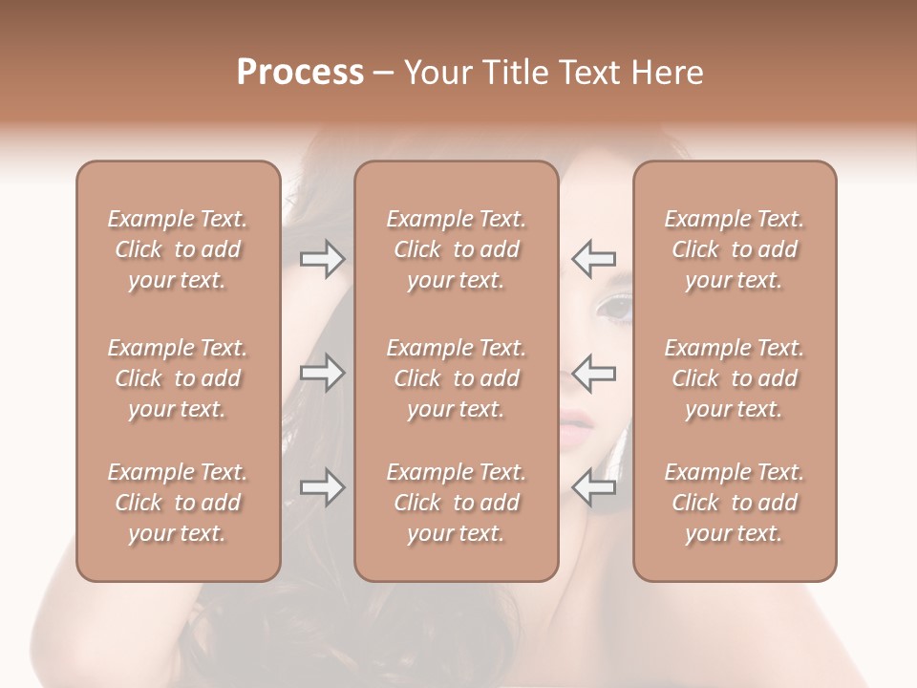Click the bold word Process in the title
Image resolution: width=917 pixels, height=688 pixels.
(300, 72)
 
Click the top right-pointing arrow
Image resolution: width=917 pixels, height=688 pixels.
(322, 258)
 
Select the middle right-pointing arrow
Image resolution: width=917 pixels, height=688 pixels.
(322, 372)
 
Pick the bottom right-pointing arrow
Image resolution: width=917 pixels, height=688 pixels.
(322, 487)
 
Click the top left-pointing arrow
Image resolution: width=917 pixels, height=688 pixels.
(593, 258)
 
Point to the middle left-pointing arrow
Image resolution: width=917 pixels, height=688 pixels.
(593, 372)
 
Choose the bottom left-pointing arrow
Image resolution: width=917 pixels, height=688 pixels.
(593, 487)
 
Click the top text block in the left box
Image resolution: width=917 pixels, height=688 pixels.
(178, 249)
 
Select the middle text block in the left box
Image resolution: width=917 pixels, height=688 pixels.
(178, 378)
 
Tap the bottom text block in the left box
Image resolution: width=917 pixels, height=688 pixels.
(178, 503)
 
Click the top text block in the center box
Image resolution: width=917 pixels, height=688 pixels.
(456, 249)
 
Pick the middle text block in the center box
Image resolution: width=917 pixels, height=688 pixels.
(456, 378)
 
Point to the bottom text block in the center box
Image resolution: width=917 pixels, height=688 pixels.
(456, 503)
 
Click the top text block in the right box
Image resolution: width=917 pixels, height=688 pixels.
(734, 249)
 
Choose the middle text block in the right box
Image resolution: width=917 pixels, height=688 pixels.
(734, 378)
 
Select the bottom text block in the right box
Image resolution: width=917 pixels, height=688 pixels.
(734, 503)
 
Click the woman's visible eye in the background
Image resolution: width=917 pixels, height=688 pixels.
(614, 308)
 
